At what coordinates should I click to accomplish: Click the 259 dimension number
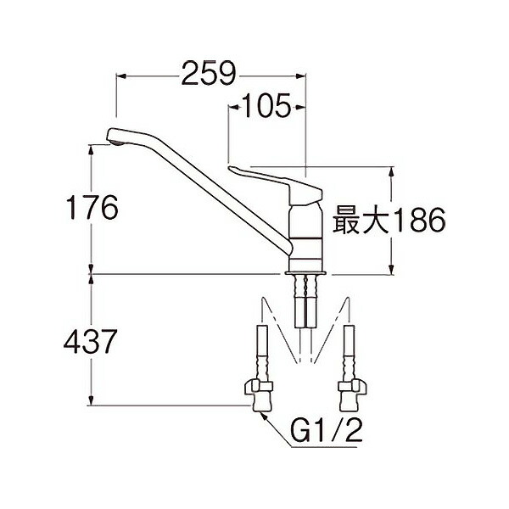pyautogui.click(x=207, y=75)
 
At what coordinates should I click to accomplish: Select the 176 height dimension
pyautogui.click(x=92, y=208)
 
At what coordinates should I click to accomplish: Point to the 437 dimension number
pyautogui.click(x=90, y=342)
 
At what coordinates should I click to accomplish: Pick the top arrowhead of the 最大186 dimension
pyautogui.click(x=391, y=171)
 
